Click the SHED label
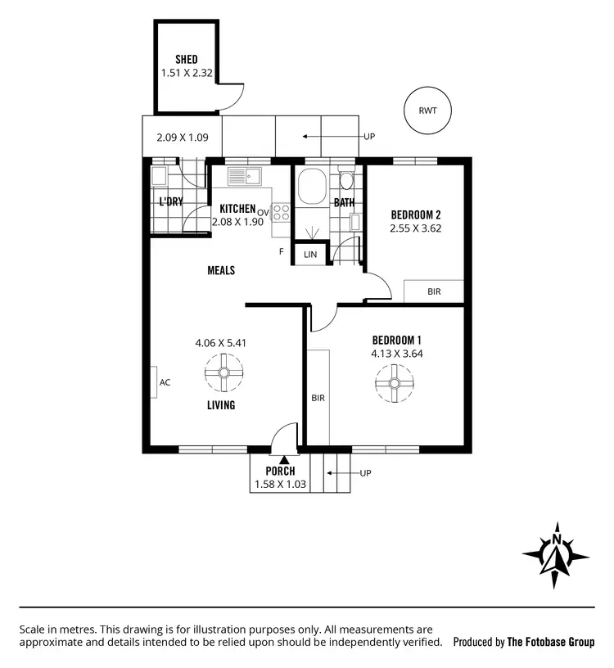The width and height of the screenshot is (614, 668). [x=187, y=60]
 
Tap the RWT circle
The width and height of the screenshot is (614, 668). [x=427, y=111]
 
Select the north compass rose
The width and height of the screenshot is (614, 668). [x=556, y=555]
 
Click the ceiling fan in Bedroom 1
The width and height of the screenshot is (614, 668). [x=394, y=383]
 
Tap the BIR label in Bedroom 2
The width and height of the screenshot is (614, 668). [x=434, y=291]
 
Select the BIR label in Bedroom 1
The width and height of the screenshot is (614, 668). [x=318, y=398]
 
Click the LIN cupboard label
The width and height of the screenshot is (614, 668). [x=310, y=255]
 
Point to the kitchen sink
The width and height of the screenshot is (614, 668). [x=243, y=176]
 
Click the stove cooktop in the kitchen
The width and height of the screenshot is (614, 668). [x=281, y=213]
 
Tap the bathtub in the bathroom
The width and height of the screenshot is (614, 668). [x=312, y=187]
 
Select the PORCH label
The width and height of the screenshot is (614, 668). [x=280, y=472]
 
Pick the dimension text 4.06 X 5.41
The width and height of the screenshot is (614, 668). [x=222, y=343]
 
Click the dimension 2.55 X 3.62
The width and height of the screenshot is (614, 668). [x=416, y=228]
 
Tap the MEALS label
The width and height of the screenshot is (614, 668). [x=221, y=270]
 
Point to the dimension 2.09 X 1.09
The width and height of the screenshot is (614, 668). [x=182, y=138]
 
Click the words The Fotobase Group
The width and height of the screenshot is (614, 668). [x=550, y=643]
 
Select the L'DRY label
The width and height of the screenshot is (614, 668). [x=170, y=202]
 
